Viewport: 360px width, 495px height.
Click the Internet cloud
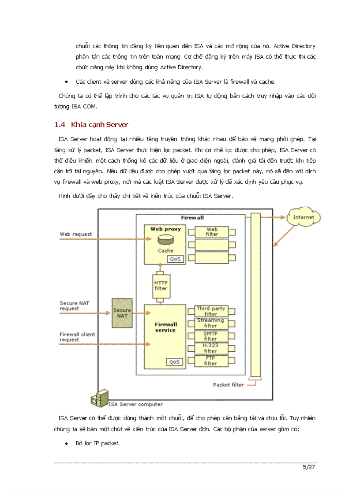[304, 217]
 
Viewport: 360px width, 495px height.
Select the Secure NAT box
[122, 313]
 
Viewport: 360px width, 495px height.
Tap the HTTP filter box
[161, 286]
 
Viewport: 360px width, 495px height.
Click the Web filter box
[212, 232]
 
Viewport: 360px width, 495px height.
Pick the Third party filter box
[210, 311]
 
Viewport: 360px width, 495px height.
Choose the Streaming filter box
[210, 323]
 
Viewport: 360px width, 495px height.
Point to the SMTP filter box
[210, 336]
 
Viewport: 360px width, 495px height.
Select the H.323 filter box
[210, 348]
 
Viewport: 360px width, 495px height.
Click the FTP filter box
[210, 361]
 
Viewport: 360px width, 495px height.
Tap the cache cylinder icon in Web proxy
[165, 240]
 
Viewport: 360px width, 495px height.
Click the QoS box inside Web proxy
[176, 259]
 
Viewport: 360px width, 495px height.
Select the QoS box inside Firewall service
[174, 362]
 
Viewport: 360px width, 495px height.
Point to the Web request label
[76, 234]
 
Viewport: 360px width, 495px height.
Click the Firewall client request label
[77, 337]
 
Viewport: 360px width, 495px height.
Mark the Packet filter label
[229, 385]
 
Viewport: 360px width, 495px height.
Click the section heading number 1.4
[60, 125]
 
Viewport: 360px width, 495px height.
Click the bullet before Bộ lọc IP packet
[66, 443]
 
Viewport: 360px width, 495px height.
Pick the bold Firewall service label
[165, 327]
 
